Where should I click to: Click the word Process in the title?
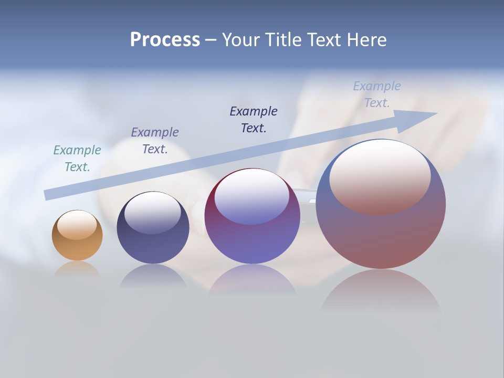[165, 40]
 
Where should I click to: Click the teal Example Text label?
[77, 159]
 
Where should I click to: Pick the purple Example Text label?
[155, 141]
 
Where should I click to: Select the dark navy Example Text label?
[254, 120]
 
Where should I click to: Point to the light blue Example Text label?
[377, 94]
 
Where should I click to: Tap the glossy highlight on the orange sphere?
[77, 225]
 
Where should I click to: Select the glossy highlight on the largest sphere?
[380, 176]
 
